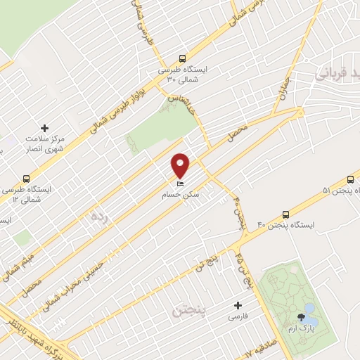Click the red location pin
pos(181,165)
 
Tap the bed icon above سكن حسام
pos(181,184)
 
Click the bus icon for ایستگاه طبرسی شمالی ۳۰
pos(182,60)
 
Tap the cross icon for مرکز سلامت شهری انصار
pos(45,128)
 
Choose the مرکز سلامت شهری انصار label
pos(44,144)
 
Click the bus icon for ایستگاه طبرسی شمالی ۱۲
pos(27,179)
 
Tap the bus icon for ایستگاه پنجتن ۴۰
pos(285,214)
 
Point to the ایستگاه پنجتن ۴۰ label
pos(285,225)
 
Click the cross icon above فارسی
pos(238,305)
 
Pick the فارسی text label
pos(238,317)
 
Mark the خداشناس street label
pos(181,104)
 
